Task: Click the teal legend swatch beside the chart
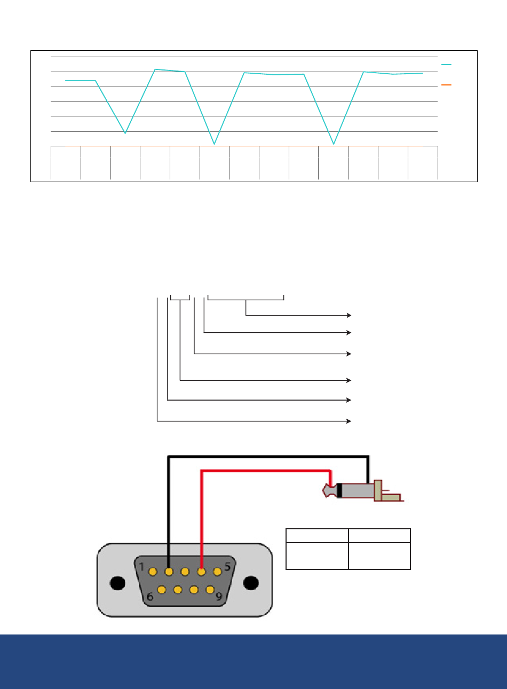[446, 65]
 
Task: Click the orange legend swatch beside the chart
[446, 84]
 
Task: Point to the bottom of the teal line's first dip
[125, 133]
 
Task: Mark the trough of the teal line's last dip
[334, 144]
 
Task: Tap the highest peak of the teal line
[155, 69]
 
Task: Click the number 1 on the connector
[141, 567]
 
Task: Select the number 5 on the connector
[227, 567]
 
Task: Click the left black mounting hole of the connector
[117, 583]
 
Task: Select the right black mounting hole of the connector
[251, 583]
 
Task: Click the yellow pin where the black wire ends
[169, 572]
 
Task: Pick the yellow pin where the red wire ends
[201, 572]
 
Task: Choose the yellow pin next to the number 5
[217, 572]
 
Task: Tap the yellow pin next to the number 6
[162, 590]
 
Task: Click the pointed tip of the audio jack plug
[323, 491]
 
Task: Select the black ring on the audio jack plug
[339, 491]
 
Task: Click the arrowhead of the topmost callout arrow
[349, 315]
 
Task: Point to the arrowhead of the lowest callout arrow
[349, 421]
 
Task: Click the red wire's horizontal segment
[266, 471]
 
